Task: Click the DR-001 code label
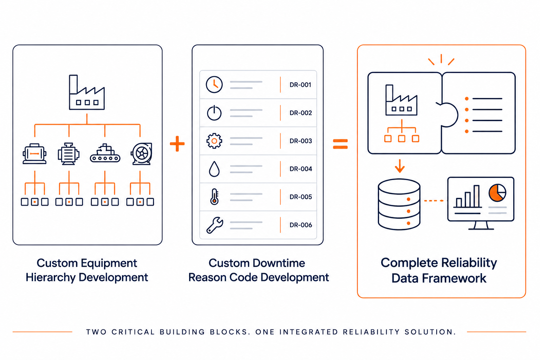click(x=300, y=85)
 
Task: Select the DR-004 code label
click(x=301, y=169)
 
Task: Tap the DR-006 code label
click(x=301, y=225)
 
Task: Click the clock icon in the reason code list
click(x=214, y=85)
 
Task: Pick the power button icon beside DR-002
click(x=214, y=112)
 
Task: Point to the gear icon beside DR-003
click(x=214, y=141)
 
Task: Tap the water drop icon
click(x=214, y=169)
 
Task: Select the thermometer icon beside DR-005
click(x=214, y=197)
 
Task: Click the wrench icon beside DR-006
click(x=214, y=225)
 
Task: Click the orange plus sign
click(x=177, y=144)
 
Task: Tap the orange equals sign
click(x=340, y=144)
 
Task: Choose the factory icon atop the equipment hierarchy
click(x=87, y=92)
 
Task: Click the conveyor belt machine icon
click(x=105, y=153)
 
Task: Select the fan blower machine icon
click(x=142, y=154)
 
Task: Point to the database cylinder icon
click(x=399, y=204)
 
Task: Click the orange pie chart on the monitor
click(x=497, y=193)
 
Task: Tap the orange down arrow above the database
click(x=400, y=166)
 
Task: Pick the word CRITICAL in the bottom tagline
click(x=133, y=332)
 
